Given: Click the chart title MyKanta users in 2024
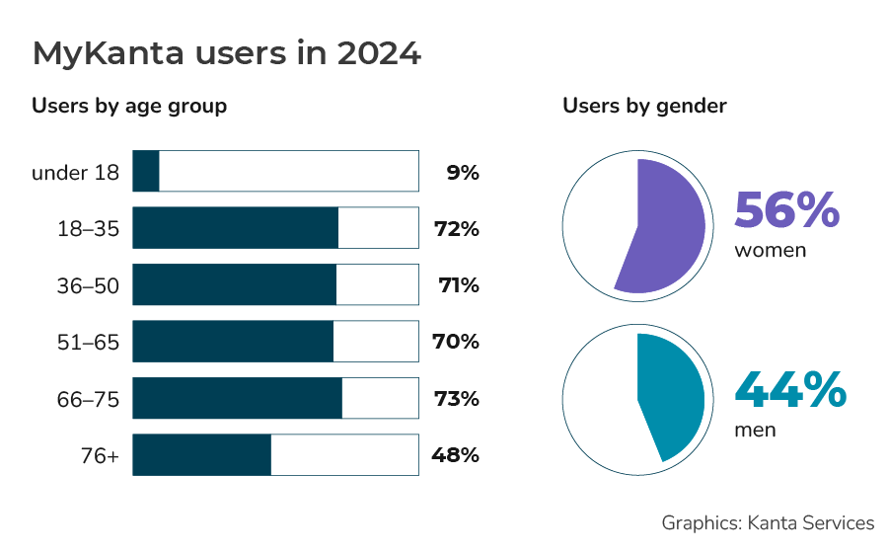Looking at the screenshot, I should pyautogui.click(x=227, y=53).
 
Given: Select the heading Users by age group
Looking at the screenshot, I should pyautogui.click(x=129, y=106).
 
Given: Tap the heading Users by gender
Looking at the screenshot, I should pyautogui.click(x=644, y=106).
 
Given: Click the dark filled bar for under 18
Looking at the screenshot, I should pyautogui.click(x=146, y=172).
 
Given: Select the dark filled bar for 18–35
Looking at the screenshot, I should pyautogui.click(x=235, y=228).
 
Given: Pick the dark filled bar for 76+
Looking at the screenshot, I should pyautogui.click(x=201, y=455).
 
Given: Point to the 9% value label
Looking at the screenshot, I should pyautogui.click(x=462, y=173).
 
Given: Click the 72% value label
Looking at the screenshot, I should pyautogui.click(x=456, y=229).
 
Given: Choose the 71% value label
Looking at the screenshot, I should pyautogui.click(x=458, y=286).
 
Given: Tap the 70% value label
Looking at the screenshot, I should pyautogui.click(x=456, y=343).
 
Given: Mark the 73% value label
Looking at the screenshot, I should pyautogui.click(x=456, y=399).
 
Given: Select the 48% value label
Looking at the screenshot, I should pyautogui.click(x=455, y=455).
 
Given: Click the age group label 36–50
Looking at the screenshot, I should pyautogui.click(x=88, y=286).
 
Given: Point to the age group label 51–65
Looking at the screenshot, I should pyautogui.click(x=88, y=343).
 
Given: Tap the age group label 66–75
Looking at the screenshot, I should pyautogui.click(x=88, y=399).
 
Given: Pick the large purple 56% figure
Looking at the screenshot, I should pyautogui.click(x=786, y=209).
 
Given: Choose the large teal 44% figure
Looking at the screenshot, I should pyautogui.click(x=790, y=390).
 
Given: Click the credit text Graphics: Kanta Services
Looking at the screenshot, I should pyautogui.click(x=768, y=523).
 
